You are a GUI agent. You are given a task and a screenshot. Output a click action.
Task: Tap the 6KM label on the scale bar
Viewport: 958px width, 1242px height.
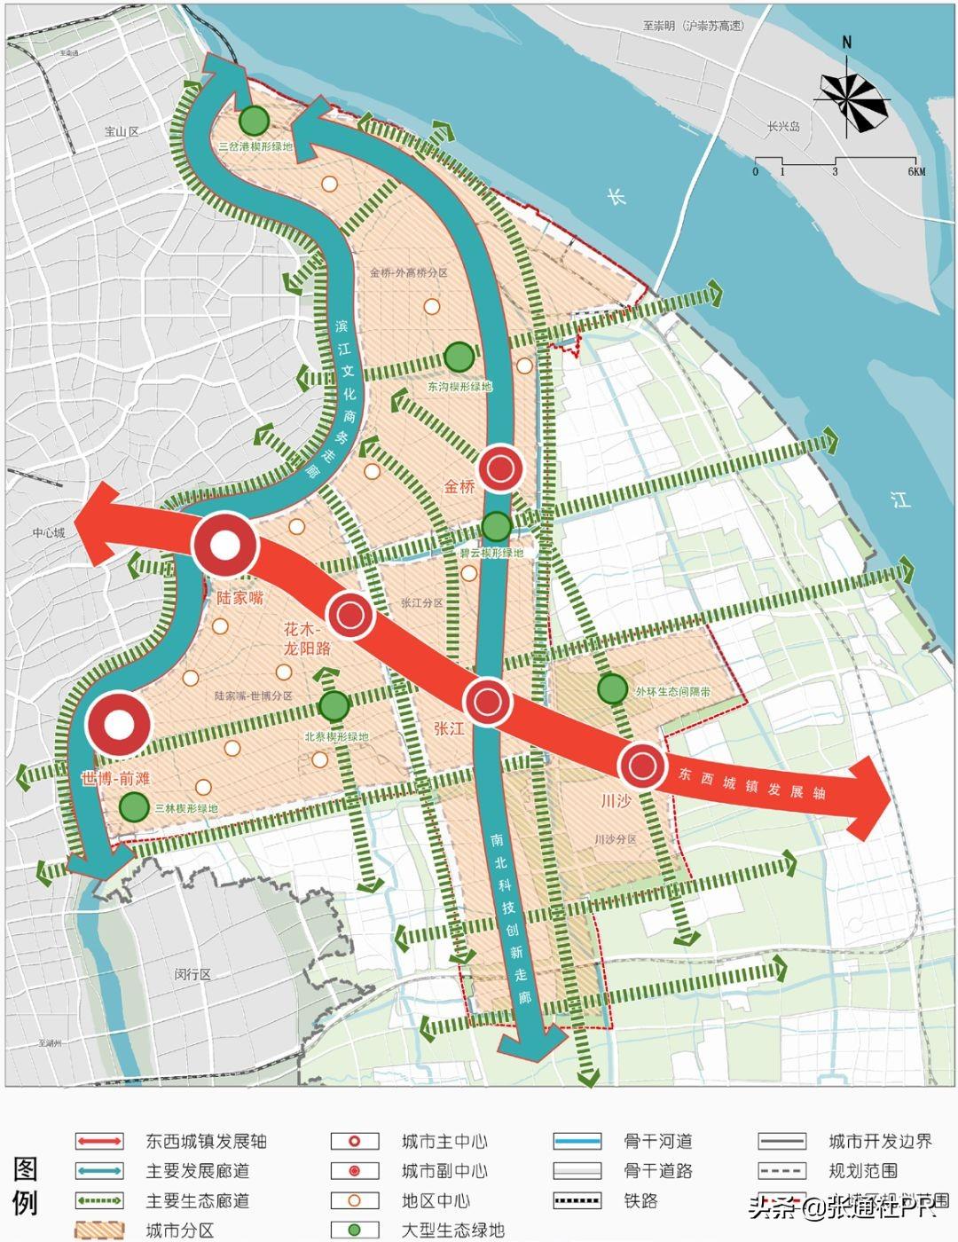pos(915,171)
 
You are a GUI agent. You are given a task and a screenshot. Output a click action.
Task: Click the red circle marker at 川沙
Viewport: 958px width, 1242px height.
pos(641,766)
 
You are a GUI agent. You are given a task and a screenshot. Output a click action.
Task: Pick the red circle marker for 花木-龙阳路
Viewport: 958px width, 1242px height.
pos(349,614)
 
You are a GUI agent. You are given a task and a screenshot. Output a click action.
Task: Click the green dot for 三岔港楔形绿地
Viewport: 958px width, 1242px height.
pos(255,120)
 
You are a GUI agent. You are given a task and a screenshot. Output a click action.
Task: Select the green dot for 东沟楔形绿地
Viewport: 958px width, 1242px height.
pos(459,357)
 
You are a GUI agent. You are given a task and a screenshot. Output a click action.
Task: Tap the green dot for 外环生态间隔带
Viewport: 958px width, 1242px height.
pos(612,688)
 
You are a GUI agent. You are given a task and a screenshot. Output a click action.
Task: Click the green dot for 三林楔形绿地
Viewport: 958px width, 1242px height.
pos(134,807)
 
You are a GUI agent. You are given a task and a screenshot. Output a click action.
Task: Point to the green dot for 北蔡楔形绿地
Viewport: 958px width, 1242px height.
pos(334,705)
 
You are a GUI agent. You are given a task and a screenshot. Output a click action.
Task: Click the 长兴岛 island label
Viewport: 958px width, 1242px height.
pos(783,127)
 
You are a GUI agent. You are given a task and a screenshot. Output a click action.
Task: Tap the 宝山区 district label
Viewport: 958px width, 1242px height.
pos(122,131)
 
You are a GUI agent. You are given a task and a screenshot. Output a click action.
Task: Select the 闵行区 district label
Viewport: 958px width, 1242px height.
pos(192,974)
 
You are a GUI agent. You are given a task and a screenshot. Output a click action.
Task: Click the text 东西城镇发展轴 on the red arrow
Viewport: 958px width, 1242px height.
pos(751,782)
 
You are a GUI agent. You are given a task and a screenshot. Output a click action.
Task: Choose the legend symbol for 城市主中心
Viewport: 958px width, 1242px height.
pos(355,1142)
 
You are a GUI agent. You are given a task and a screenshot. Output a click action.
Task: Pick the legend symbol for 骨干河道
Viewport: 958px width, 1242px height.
pos(577,1142)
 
